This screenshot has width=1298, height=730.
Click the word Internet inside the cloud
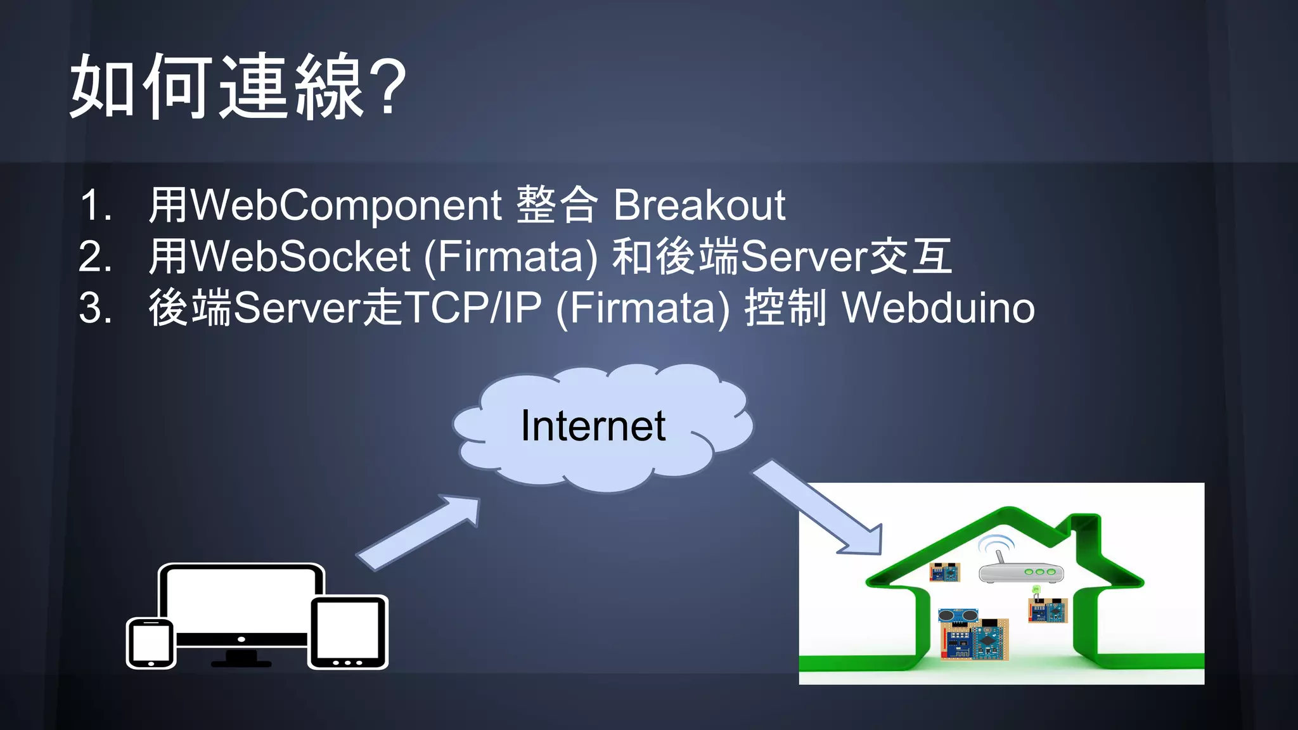pyautogui.click(x=593, y=426)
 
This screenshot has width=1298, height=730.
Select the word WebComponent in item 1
pyautogui.click(x=346, y=205)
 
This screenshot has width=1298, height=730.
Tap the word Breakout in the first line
pyautogui.click(x=699, y=205)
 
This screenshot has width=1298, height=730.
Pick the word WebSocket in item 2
pyautogui.click(x=300, y=257)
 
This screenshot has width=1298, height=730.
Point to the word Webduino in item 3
pyautogui.click(x=938, y=309)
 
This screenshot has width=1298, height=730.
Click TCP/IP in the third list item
pyautogui.click(x=472, y=309)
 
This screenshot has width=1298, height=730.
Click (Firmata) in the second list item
pyautogui.click(x=510, y=257)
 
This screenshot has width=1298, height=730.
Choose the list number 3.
pyautogui.click(x=95, y=309)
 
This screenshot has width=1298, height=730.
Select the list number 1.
pyautogui.click(x=95, y=205)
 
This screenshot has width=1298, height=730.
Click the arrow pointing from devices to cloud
pyautogui.click(x=418, y=532)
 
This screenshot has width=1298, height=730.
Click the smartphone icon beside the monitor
pyautogui.click(x=151, y=643)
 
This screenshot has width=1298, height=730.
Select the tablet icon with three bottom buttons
pyautogui.click(x=347, y=632)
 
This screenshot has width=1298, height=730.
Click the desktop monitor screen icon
pyautogui.click(x=241, y=599)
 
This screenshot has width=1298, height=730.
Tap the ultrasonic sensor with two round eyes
pyautogui.click(x=957, y=615)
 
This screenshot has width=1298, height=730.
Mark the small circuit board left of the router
pyautogui.click(x=944, y=572)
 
